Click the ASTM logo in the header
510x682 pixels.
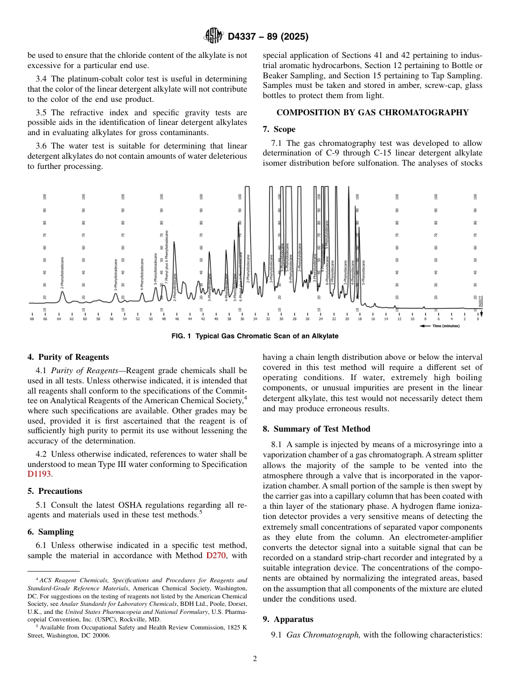pos(213,36)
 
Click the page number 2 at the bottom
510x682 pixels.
pos(254,659)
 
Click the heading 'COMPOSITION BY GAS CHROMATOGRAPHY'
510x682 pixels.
pos(372,113)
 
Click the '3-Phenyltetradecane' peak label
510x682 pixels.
pos(116,275)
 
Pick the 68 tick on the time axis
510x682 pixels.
pos(32,319)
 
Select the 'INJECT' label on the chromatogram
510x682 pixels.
pos(480,301)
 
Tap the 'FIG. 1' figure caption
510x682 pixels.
pos(254,336)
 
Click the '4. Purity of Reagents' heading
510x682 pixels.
pos(68,357)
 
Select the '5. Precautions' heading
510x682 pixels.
pos(55,491)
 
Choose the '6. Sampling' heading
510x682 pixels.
pos(50,532)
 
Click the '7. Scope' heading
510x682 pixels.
pos(279,129)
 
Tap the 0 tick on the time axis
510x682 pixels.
pos(478,319)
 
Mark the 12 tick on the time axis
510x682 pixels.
pos(399,319)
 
